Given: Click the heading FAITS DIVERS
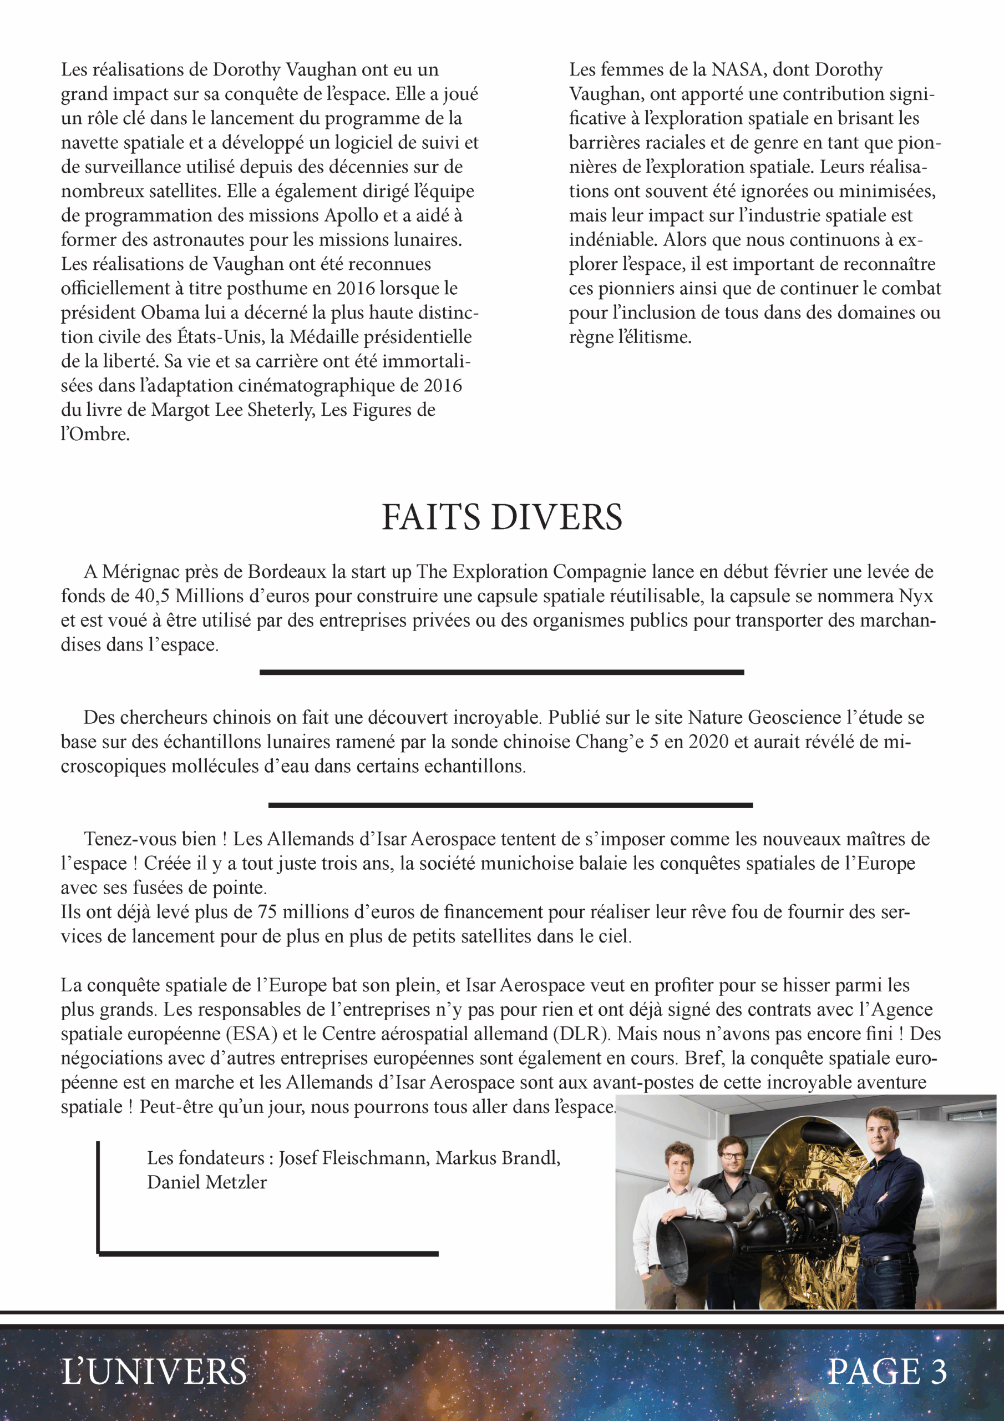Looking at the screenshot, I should (x=501, y=517).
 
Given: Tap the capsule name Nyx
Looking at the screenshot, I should (x=916, y=596).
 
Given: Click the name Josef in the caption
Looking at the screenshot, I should (x=301, y=1157).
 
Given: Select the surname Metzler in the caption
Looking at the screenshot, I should (x=236, y=1182).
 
